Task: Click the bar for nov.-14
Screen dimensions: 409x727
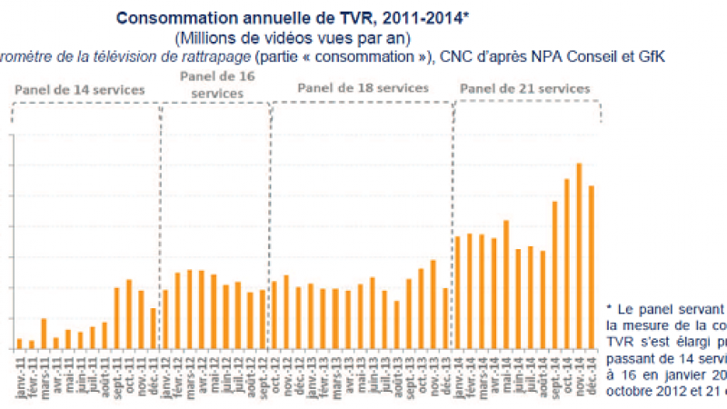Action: (579, 255)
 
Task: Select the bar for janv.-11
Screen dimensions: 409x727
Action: (19, 343)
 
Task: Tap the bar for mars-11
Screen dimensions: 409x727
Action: (44, 333)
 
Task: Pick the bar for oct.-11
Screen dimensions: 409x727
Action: (129, 314)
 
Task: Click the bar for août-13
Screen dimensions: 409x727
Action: (396, 324)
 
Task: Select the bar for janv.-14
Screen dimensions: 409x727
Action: (457, 292)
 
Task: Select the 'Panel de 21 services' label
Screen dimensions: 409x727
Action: (524, 88)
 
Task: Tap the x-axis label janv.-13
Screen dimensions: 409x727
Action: (309, 372)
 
